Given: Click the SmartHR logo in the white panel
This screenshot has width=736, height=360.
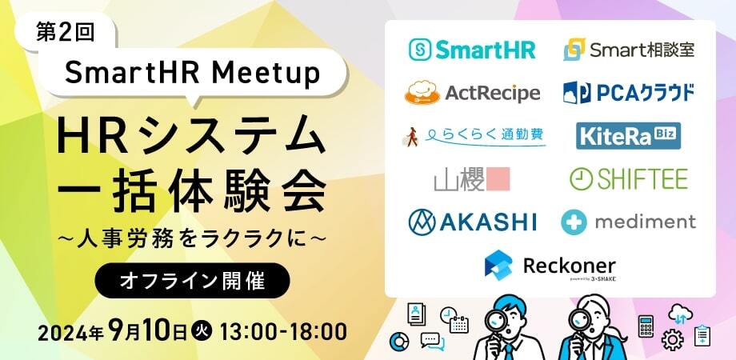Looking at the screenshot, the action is coord(472,50).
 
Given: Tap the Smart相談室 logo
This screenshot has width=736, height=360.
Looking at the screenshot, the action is coord(629,50).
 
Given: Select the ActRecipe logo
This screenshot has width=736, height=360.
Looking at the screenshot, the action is coord(472,93).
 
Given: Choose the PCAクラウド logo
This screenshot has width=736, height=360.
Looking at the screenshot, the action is coord(629,93).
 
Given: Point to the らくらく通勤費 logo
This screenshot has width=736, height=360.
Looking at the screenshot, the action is coord(474,136).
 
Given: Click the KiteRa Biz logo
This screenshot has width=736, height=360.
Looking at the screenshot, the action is coord(629,136).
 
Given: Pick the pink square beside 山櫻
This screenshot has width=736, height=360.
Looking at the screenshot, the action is coord(498,179).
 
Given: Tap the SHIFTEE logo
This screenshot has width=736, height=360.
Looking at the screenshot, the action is coord(629,179).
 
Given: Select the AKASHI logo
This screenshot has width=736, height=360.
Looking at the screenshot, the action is coord(472,222).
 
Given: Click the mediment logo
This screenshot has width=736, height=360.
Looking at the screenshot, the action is coord(629,222).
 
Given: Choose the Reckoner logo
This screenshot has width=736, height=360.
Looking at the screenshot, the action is coord(550,266).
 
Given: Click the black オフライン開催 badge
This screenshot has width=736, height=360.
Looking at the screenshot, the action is coord(193,280).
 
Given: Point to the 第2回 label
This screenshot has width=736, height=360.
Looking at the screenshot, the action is coord(66,32).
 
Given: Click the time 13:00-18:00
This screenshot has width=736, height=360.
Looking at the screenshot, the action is coord(283,331).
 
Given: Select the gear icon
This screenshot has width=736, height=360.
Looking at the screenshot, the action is coord(672,339).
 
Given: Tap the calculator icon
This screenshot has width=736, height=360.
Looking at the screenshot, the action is coord(646,326).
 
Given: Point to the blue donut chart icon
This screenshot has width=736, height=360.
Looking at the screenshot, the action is coord(399,342).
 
